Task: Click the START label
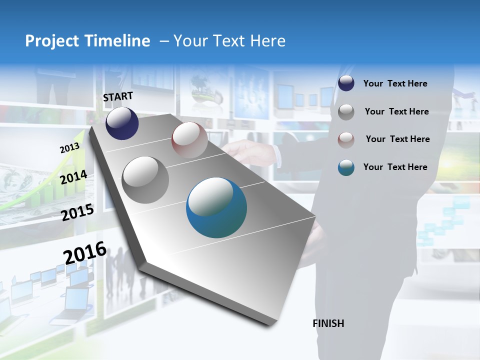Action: (118, 96)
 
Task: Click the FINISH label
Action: (328, 323)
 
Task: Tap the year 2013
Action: (69, 148)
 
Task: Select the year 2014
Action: (73, 177)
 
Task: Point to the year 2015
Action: (77, 212)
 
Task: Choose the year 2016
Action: (85, 252)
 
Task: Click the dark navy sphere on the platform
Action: (122, 123)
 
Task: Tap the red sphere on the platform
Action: (189, 140)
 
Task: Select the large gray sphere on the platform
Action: (145, 180)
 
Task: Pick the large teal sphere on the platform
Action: (216, 207)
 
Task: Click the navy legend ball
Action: (346, 83)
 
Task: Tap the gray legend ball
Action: (346, 112)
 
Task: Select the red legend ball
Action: (346, 139)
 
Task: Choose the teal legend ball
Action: (346, 167)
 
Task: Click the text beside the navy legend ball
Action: (395, 84)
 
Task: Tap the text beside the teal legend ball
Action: (395, 167)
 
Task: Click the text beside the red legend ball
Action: (397, 139)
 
